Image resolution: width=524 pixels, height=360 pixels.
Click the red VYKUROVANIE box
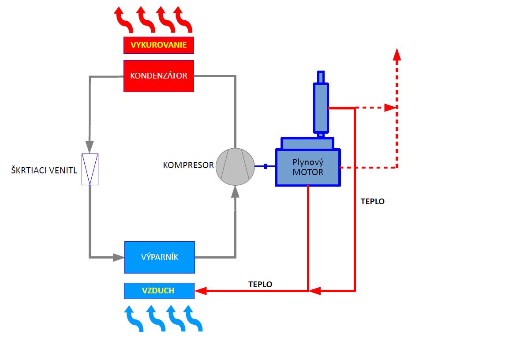tap(159, 45)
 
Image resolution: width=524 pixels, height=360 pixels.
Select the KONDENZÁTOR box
tap(159, 76)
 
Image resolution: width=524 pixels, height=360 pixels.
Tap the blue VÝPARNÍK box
tap(159, 257)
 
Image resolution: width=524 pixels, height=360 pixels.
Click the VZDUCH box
tap(159, 291)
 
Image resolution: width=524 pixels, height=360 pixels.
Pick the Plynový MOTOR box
tap(308, 168)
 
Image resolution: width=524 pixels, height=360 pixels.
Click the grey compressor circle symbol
tap(235, 166)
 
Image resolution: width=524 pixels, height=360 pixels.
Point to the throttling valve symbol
tap(90, 169)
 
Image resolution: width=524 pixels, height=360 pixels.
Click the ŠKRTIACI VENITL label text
tap(44, 170)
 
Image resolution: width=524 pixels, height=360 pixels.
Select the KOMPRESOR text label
tap(188, 165)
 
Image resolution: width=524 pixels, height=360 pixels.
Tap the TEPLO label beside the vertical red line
tap(373, 202)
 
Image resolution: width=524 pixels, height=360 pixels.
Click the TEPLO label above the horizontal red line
tap(260, 285)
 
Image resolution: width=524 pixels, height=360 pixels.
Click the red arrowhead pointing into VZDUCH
tap(201, 291)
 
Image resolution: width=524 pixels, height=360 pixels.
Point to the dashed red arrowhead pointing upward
tap(397, 54)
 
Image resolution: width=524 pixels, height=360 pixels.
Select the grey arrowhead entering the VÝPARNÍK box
tap(119, 257)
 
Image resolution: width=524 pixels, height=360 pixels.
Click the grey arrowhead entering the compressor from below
tap(235, 191)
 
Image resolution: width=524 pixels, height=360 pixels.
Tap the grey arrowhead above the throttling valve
tap(90, 146)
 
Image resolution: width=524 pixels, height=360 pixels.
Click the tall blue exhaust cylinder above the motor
tap(321, 106)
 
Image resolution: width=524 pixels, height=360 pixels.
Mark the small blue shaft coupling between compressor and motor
tap(266, 166)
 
